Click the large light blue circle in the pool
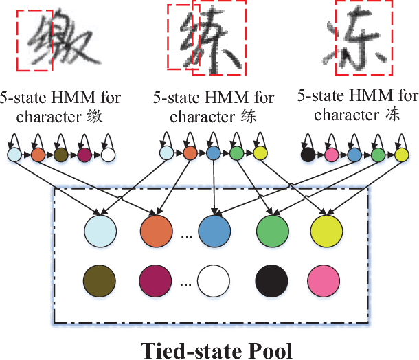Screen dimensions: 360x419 [100, 230]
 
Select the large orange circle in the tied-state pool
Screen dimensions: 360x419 [157, 230]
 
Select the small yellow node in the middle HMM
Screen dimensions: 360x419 [260, 154]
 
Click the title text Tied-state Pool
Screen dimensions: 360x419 [217, 349]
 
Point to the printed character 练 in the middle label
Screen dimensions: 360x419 [249, 116]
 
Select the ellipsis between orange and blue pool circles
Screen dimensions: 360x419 [185, 237]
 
